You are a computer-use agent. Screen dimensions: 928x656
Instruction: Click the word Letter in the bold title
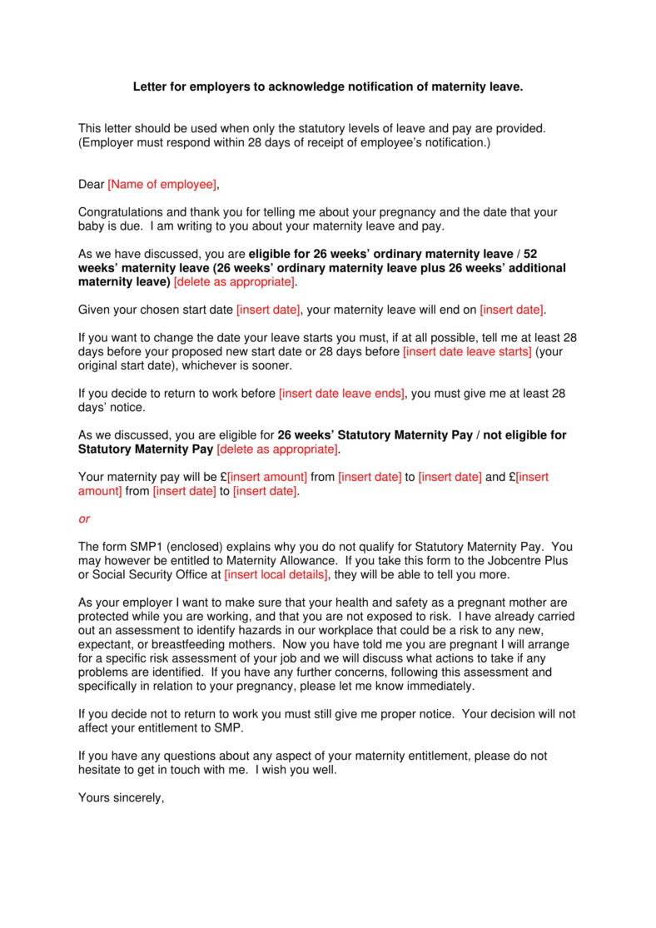pyautogui.click(x=151, y=87)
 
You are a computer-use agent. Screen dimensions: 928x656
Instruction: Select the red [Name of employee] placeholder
pyautogui.click(x=162, y=184)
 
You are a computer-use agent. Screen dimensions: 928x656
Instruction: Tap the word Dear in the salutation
pyautogui.click(x=92, y=184)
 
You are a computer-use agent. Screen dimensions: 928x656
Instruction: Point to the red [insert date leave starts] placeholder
pyautogui.click(x=467, y=351)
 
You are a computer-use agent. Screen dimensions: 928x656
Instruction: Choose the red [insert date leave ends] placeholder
pyautogui.click(x=341, y=393)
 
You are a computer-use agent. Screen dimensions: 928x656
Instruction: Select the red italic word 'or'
pyautogui.click(x=84, y=519)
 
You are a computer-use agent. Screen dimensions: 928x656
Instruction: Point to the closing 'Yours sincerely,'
pyautogui.click(x=122, y=797)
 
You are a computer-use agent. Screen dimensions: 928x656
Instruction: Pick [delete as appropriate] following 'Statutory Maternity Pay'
pyautogui.click(x=278, y=449)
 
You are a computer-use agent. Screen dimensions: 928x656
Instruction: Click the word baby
pyautogui.click(x=92, y=226)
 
